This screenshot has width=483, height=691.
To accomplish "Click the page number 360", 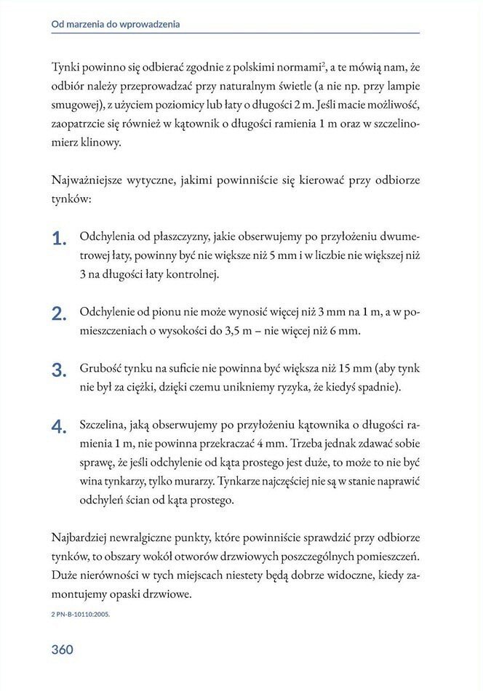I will coord(63,650).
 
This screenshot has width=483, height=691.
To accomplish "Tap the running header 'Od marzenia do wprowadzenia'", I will coord(116,24).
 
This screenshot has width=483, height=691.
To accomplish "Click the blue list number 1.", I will coord(59,239).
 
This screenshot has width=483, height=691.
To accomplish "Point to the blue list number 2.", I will coord(59,314).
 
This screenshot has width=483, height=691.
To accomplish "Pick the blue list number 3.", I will coord(59,370).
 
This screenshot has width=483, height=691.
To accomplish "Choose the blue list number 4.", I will coord(59,426).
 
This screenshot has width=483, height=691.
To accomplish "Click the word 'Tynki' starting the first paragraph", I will coord(66,68).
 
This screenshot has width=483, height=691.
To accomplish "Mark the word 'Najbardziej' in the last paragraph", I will coord(82,538).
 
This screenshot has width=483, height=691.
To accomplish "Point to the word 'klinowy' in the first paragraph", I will coord(99,143).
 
